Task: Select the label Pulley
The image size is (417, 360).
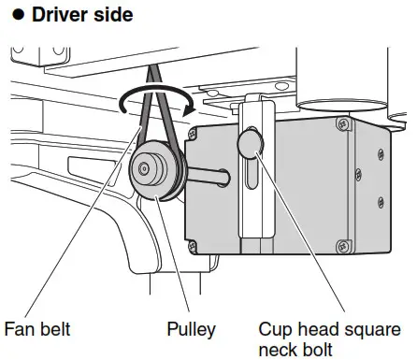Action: point(191,329)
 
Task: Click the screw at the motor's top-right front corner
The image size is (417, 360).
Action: point(345,122)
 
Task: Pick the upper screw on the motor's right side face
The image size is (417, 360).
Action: point(381,152)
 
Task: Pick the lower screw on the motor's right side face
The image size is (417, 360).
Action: point(381,201)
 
